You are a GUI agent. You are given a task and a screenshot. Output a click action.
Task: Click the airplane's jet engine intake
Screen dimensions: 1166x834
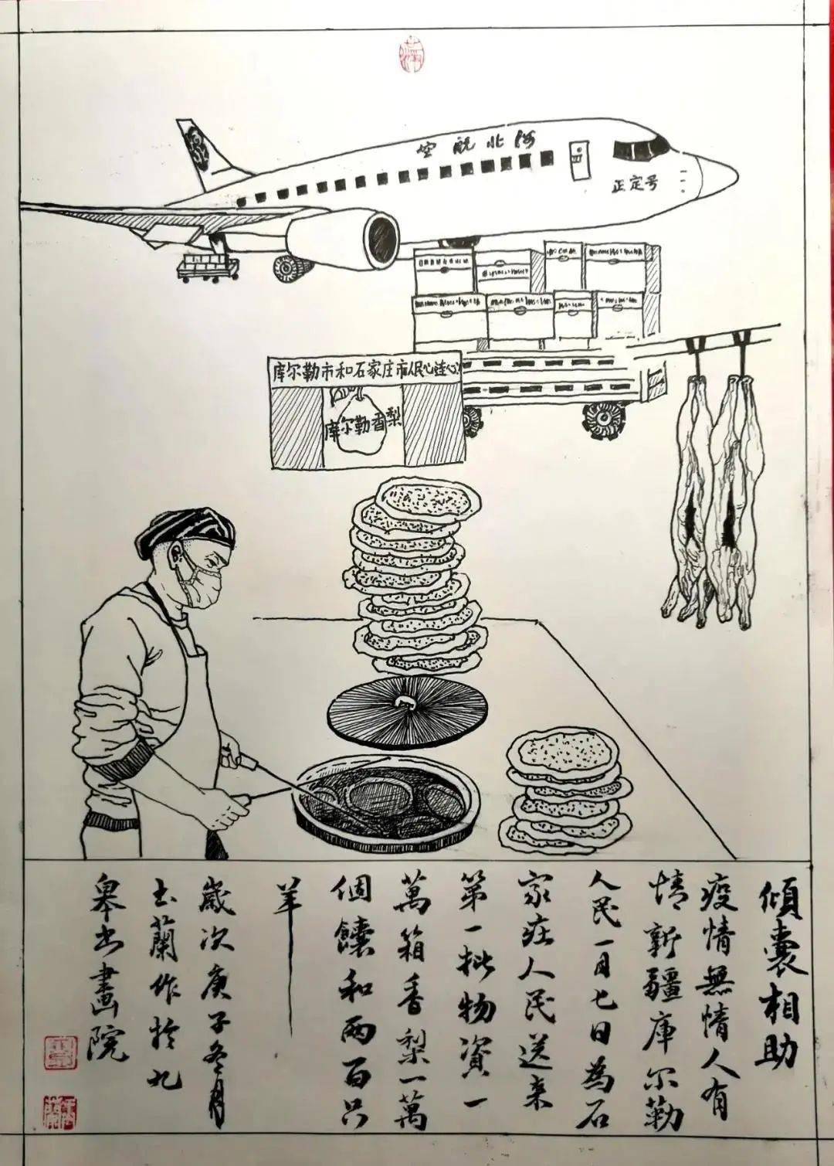379,241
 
